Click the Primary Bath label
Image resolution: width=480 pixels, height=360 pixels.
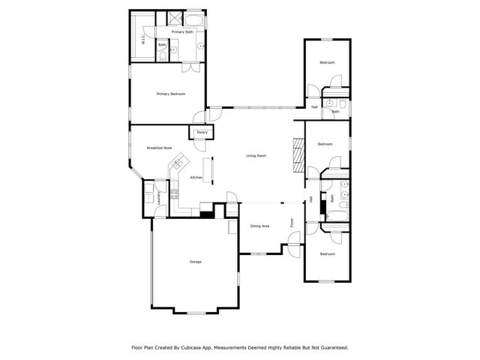[x=183, y=32]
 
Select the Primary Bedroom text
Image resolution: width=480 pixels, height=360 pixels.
[x=170, y=94]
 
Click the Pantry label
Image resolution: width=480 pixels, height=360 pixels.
[x=201, y=133]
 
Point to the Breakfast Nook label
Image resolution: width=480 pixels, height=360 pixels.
[x=159, y=148]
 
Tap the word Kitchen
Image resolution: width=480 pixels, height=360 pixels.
[x=196, y=177]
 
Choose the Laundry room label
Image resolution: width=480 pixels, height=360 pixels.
[x=159, y=197]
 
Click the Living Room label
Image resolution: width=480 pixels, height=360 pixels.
[x=256, y=156]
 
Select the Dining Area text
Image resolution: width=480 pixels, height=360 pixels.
[x=259, y=225]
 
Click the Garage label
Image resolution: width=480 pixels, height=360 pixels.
[x=195, y=262]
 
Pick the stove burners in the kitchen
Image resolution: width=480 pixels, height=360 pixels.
[x=174, y=196]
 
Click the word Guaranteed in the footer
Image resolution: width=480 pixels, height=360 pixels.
[x=331, y=347]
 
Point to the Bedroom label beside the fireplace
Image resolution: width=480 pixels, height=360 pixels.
[x=325, y=144]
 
